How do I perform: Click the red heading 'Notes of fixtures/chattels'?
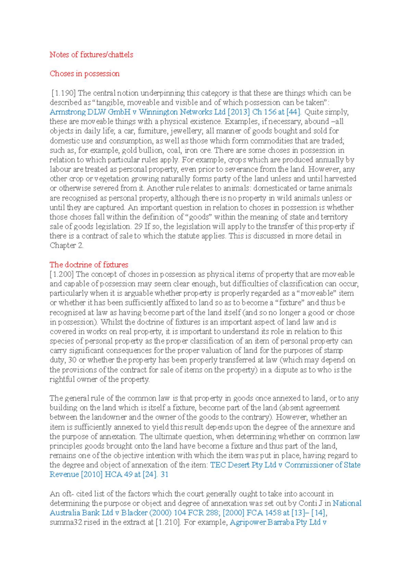(x=91, y=55)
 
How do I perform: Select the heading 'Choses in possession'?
(x=85, y=74)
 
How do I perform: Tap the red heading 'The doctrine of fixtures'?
(x=89, y=265)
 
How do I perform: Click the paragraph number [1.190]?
(x=64, y=93)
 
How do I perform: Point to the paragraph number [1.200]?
(x=62, y=274)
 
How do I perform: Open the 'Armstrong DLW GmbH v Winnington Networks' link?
(x=137, y=112)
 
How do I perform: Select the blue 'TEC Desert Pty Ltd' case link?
(x=243, y=465)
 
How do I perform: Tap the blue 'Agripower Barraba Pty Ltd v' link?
(x=278, y=522)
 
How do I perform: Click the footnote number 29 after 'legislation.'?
(x=138, y=227)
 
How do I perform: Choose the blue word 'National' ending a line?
(x=347, y=504)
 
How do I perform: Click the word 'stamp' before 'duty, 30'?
(x=334, y=351)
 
